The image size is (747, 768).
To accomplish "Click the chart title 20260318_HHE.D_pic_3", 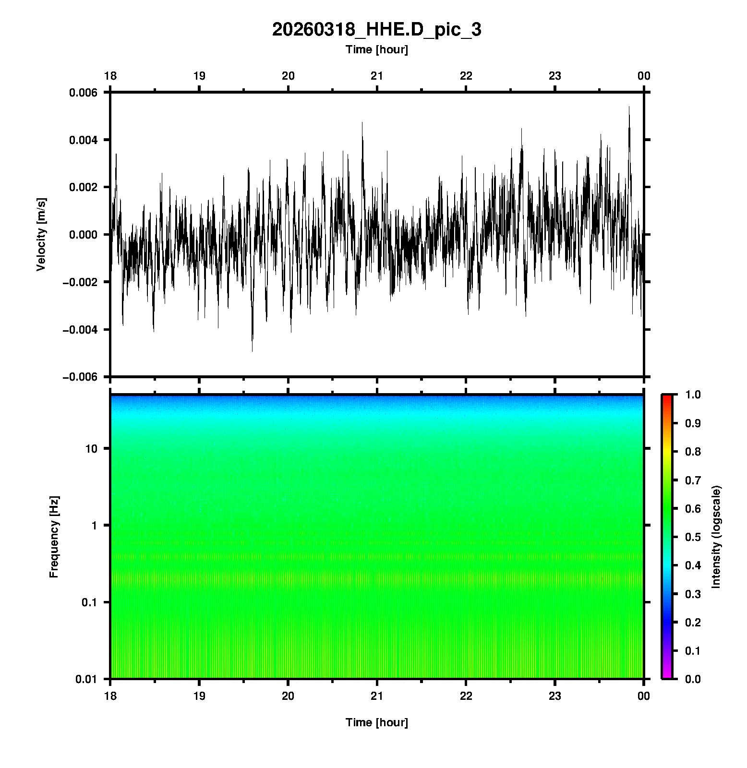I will pos(376,30).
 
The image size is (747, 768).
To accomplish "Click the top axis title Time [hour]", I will pos(376,49).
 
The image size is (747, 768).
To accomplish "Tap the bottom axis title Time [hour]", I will pos(376,722).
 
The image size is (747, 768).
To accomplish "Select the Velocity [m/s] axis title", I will pos(41,234).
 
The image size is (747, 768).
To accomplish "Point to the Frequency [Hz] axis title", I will pos(54,537).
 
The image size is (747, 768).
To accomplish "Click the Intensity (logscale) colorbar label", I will pos(716,537).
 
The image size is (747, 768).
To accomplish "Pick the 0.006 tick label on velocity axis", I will pos(83,93).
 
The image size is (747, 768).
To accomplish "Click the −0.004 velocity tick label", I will pos(80,329).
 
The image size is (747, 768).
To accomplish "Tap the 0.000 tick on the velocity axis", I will pos(83,235).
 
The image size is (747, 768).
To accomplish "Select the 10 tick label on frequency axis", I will pos(91,449).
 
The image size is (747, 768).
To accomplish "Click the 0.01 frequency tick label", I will pos(86,679).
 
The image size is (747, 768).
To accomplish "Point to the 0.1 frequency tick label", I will pos(89,602).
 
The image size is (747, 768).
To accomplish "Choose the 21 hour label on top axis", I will pos(377,76).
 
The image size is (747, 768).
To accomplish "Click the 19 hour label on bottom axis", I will pos(199,696).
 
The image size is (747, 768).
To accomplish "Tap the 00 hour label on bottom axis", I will pos(644,696).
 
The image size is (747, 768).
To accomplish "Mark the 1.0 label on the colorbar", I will pos(693,395).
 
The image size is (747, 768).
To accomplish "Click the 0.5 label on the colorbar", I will pos(693,537).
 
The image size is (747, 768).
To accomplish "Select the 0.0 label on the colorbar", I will pos(693,679).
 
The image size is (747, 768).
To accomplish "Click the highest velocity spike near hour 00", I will pos(629,107).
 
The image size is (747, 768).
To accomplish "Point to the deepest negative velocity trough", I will pos(252,351).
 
